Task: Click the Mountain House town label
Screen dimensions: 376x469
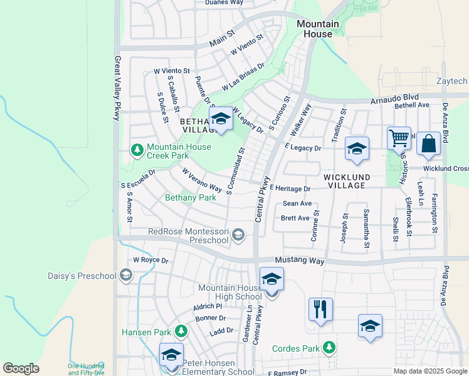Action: pyautogui.click(x=317, y=29)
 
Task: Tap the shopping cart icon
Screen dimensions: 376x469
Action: pyautogui.click(x=399, y=138)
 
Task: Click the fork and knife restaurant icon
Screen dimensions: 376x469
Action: pyautogui.click(x=320, y=309)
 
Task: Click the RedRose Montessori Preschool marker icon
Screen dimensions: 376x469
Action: pyautogui.click(x=238, y=235)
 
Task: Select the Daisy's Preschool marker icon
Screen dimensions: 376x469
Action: pyautogui.click(x=125, y=275)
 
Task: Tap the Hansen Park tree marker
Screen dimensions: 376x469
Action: pyautogui.click(x=181, y=330)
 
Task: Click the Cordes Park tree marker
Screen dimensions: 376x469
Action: pyautogui.click(x=329, y=347)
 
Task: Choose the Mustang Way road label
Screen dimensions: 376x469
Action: pyautogui.click(x=300, y=260)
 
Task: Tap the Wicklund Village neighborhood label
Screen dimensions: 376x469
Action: pyautogui.click(x=353, y=181)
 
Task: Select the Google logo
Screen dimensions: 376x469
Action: pyautogui.click(x=21, y=368)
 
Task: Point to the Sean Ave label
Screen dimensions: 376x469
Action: pyautogui.click(x=297, y=204)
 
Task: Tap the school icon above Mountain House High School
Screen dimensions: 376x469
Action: pyautogui.click(x=271, y=279)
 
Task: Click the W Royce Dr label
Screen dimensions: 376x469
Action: pyautogui.click(x=150, y=260)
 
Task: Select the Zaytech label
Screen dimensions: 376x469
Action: pyautogui.click(x=452, y=81)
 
